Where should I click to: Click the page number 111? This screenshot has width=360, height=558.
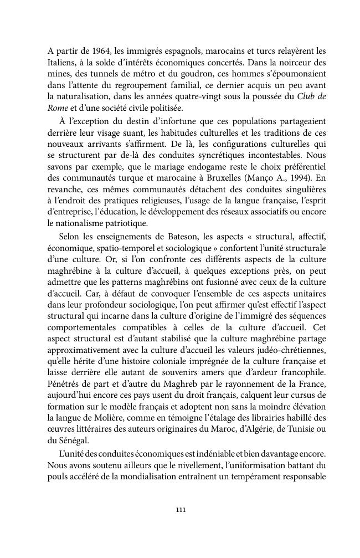point(180,510)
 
